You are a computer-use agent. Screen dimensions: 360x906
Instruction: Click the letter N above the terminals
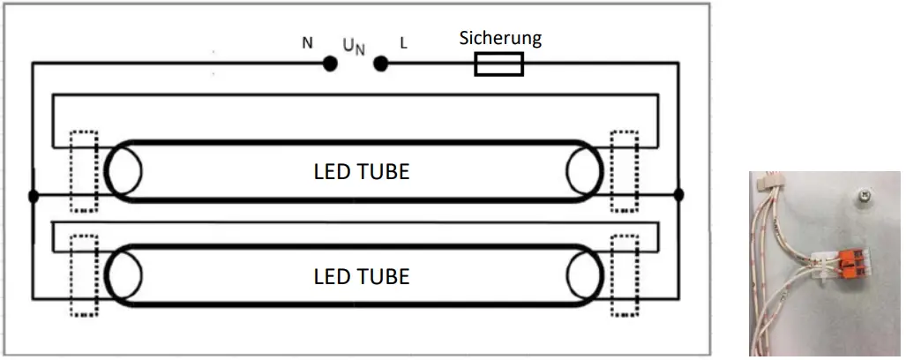(307, 42)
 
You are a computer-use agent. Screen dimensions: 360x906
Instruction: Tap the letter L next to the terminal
(404, 42)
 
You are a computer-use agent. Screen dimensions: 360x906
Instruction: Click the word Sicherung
(500, 38)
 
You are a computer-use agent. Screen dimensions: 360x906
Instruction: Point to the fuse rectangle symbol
(498, 64)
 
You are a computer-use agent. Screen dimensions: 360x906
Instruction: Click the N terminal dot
(330, 64)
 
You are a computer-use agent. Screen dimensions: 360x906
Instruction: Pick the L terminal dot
(381, 64)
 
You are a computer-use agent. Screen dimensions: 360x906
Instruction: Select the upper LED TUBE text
(361, 171)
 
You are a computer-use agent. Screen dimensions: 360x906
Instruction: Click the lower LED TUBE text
(361, 276)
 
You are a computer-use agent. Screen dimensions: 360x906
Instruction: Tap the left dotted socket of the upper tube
(84, 172)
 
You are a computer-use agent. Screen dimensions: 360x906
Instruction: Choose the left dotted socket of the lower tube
(84, 276)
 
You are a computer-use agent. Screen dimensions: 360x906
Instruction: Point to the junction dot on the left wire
(33, 195)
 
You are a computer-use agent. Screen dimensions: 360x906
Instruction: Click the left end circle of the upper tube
(124, 171)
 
